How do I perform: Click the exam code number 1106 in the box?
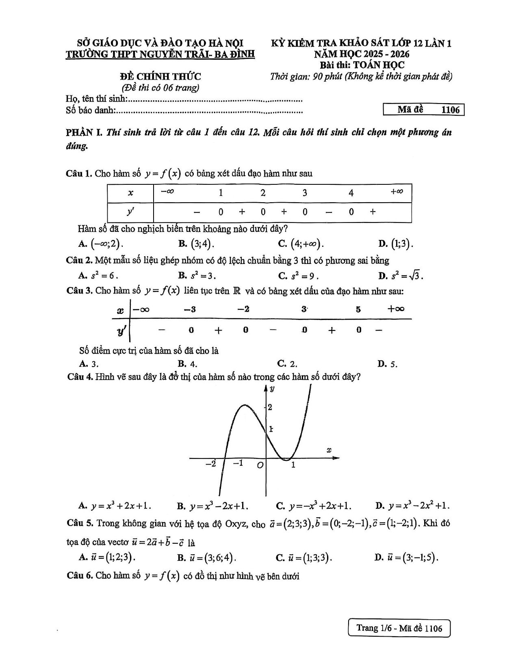[x=450, y=110]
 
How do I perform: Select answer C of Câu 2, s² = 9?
[x=298, y=276]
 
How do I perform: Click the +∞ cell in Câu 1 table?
[x=397, y=192]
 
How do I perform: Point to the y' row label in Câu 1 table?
[x=130, y=212]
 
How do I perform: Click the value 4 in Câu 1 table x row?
[x=351, y=192]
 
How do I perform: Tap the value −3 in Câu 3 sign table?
[x=190, y=309]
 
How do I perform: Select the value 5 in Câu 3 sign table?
[x=358, y=309]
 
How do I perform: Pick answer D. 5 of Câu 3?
[x=388, y=364]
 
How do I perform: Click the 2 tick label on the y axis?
[x=270, y=407]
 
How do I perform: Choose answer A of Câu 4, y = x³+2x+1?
[x=115, y=506]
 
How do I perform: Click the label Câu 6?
[x=80, y=576]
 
